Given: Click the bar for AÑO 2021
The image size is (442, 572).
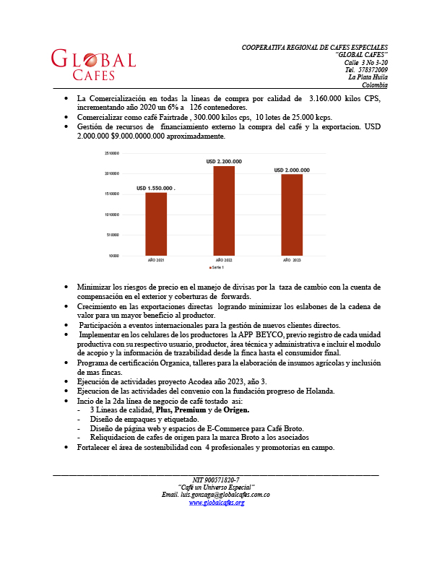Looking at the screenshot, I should pos(156,223).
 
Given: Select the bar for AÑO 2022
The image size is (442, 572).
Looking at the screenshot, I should pos(224,210).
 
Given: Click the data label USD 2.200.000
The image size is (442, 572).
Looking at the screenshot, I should pos(224,161).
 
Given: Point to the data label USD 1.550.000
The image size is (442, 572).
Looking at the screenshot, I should pos(155,188).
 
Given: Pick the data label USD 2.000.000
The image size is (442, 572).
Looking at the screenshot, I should pos(292,170).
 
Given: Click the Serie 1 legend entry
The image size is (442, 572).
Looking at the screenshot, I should pos(216,267).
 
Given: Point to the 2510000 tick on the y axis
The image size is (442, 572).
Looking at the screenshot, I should pos(111,154).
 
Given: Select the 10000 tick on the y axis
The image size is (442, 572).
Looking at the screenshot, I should pos(114,256).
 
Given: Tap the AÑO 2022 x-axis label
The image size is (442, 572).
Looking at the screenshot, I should pos(224,259).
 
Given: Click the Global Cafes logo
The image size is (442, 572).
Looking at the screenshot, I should pos(93,65).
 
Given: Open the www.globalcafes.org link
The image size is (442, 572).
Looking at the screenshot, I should pos(217,502).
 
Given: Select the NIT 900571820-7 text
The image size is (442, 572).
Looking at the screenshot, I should pos(216,480).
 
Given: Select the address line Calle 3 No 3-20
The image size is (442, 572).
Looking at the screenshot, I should pos(365,62).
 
